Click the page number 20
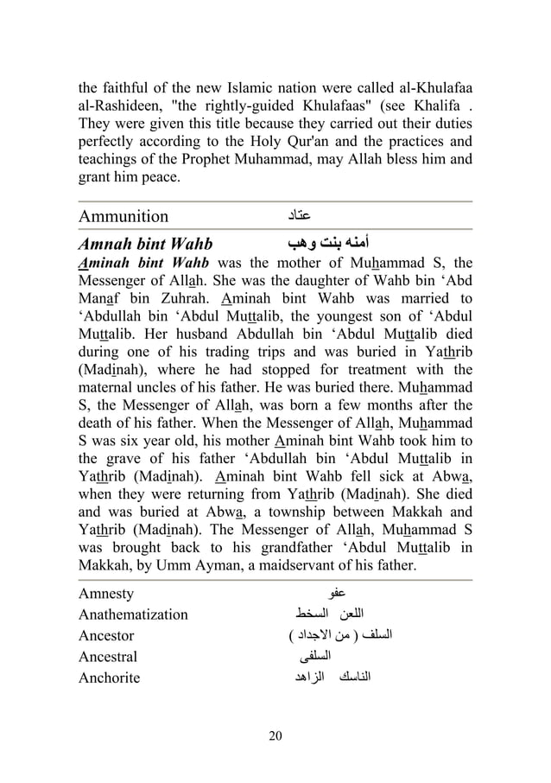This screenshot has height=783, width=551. pyautogui.click(x=275, y=735)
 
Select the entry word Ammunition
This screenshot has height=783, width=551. pyautogui.click(x=123, y=216)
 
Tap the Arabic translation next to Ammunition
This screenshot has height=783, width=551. pyautogui.click(x=296, y=215)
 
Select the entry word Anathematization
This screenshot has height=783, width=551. pyautogui.click(x=132, y=614)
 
